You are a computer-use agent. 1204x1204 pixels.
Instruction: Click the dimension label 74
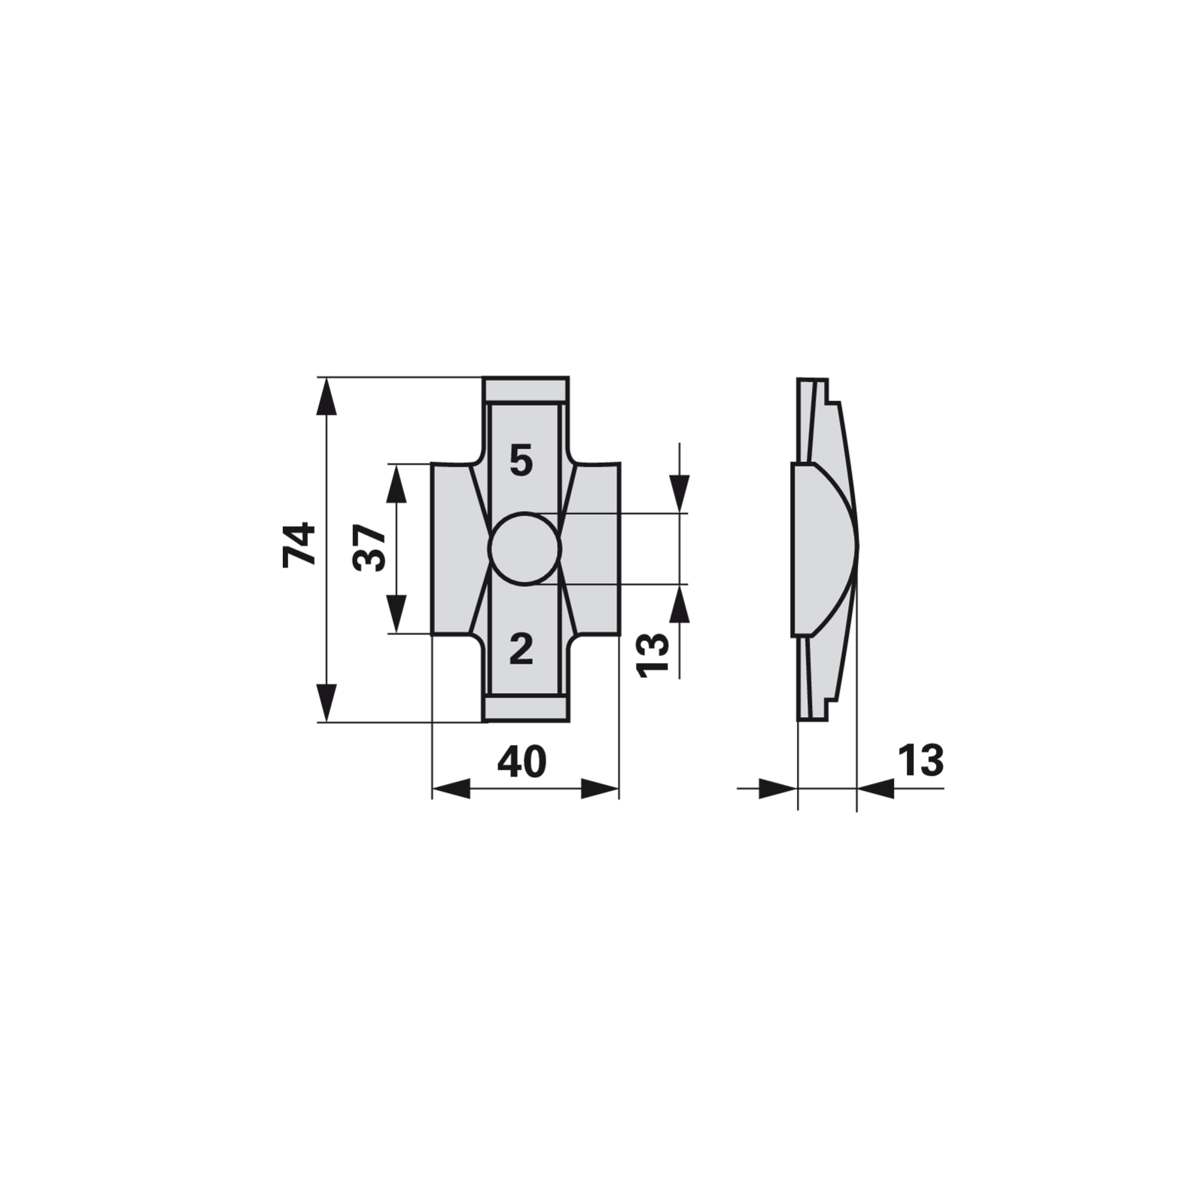coord(299,544)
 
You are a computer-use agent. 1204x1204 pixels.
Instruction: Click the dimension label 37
coord(370,549)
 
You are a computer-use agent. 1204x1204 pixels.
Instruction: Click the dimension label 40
coord(521,762)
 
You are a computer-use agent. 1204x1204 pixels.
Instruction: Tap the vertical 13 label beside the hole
coord(652,655)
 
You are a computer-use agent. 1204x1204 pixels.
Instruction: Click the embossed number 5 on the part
coord(521,461)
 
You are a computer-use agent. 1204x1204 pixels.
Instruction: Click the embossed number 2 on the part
coord(521,649)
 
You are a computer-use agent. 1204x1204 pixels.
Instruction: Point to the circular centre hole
coord(524,549)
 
